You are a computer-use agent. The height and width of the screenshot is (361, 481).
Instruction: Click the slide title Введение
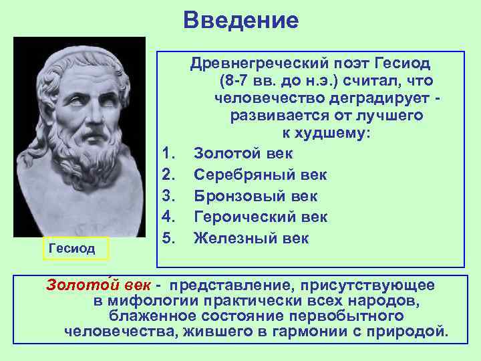pos(240,20)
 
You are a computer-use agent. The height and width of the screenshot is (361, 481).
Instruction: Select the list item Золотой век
pos(243,153)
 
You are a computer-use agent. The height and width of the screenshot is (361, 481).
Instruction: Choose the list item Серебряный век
pos(261,174)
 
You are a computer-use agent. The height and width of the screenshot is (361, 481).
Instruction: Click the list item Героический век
pos(261,217)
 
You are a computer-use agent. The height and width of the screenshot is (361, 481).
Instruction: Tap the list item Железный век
pos(251,239)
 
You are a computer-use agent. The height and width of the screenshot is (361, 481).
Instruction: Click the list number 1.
pos(169,153)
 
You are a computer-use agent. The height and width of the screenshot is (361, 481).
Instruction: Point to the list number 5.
pos(169,239)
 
